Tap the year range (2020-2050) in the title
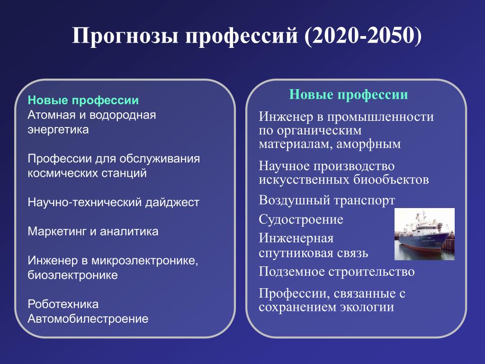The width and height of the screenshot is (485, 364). pos(363,35)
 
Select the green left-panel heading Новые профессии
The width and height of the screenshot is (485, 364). pos(83,100)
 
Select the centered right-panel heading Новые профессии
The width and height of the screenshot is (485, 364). pos(349,94)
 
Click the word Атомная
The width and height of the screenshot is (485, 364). pos(52,115)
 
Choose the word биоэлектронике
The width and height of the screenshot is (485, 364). pos(72,275)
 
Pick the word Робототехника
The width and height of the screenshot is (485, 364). pos(63,304)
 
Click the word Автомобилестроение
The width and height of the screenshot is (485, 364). pos(88,318)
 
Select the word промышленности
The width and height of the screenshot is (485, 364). pos(380,117)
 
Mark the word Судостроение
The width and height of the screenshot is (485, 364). pos(301,220)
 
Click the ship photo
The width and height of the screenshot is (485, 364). pos(424,234)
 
